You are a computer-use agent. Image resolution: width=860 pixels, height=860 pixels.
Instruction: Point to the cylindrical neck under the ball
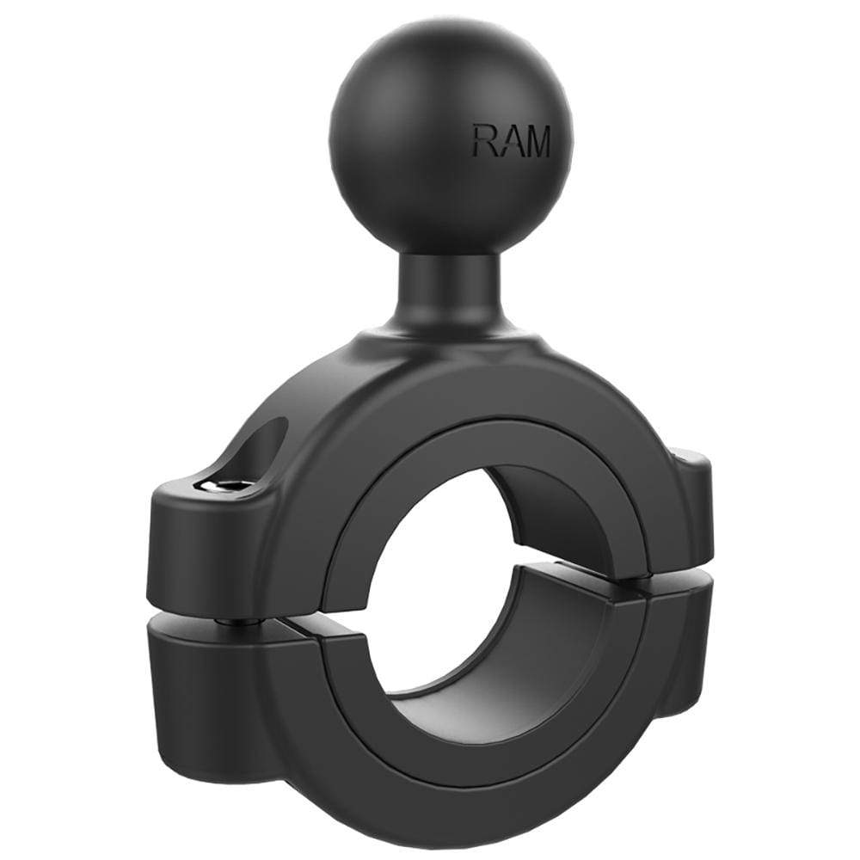point(441,284)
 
